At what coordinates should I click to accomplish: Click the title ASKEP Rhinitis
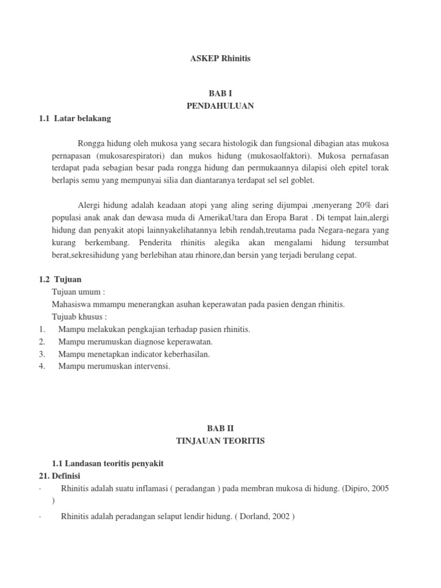coord(220,58)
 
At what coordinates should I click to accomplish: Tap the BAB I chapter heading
coord(220,93)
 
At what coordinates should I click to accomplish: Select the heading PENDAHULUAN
coord(220,106)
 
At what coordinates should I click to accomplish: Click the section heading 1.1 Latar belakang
coord(73,119)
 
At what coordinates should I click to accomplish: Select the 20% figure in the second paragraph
coord(362,205)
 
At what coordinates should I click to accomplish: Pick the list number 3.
coord(42,354)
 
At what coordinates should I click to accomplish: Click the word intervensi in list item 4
coord(153,366)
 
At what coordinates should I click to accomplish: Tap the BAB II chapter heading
coord(220,428)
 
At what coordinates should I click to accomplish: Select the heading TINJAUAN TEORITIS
coord(220,441)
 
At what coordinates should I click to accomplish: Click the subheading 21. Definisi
coord(58,476)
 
